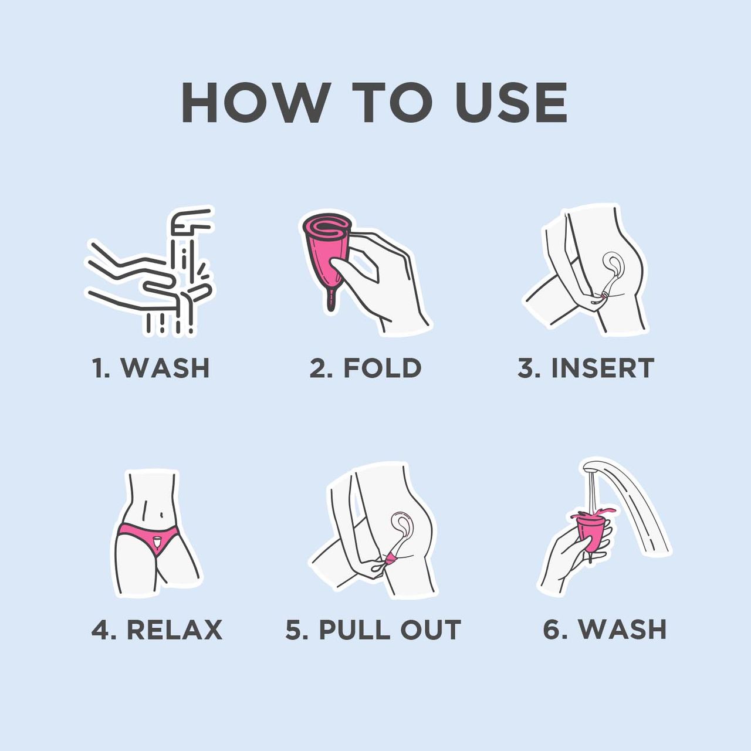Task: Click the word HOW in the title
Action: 253,103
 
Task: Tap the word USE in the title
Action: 511,103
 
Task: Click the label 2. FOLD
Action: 365,367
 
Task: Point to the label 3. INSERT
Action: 586,367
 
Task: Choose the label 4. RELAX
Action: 157,630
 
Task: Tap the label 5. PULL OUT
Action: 373,630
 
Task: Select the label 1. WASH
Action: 151,367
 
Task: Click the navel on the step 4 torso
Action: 162,515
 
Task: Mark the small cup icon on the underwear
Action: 157,542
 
